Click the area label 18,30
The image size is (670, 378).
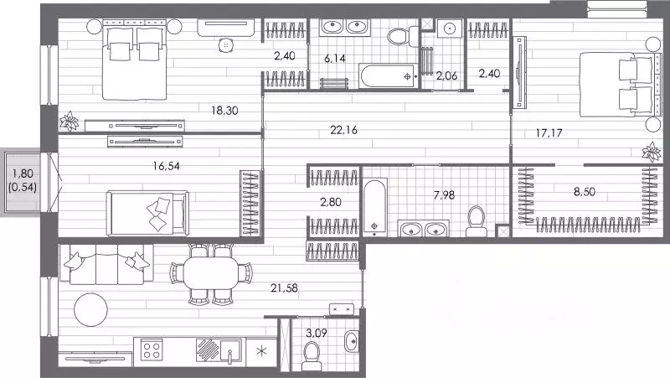(x=224, y=111)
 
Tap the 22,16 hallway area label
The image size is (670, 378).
(x=343, y=130)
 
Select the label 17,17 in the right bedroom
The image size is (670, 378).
(x=549, y=133)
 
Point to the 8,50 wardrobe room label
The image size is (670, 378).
(x=584, y=192)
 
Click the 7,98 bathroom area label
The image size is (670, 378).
(x=444, y=195)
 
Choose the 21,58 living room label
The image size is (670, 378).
(x=284, y=288)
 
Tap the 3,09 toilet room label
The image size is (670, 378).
(x=317, y=333)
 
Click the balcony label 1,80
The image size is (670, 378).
(x=23, y=173)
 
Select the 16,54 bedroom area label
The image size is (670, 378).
(x=166, y=166)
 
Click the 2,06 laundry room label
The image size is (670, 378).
(x=446, y=75)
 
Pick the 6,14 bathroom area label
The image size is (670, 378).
(x=334, y=58)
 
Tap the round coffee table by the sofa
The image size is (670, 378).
(x=90, y=309)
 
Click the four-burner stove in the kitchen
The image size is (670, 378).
(x=152, y=350)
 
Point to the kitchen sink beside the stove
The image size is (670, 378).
(x=230, y=350)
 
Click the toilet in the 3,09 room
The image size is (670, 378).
(x=312, y=356)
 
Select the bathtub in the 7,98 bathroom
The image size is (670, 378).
(x=374, y=207)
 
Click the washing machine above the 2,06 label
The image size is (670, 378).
(x=449, y=28)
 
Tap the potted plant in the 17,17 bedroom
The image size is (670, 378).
(x=652, y=152)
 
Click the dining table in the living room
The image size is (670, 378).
(x=211, y=272)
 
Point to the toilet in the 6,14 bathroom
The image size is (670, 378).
(x=403, y=36)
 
